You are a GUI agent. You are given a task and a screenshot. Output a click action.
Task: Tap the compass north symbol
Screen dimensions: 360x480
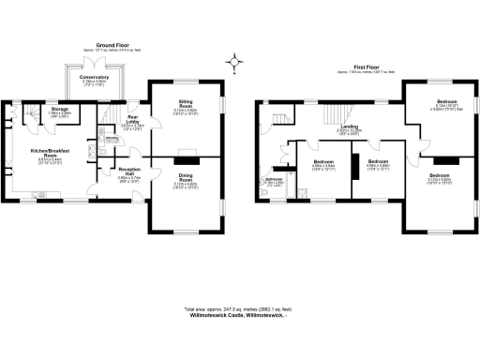(234, 64)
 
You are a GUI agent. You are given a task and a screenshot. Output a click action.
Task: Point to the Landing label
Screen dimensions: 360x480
(350, 127)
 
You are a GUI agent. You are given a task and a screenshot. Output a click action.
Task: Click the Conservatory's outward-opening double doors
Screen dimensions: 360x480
(95, 59)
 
